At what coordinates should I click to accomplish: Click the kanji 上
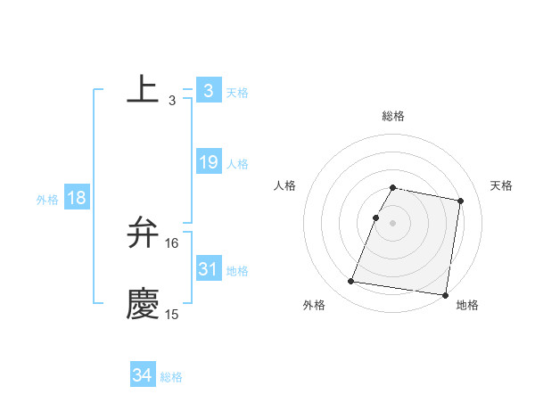(x=143, y=89)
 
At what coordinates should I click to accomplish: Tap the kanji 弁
(x=143, y=233)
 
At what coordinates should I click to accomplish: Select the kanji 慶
(x=143, y=304)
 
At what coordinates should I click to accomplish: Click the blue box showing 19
(x=209, y=162)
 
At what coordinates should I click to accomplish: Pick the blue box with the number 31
(x=209, y=268)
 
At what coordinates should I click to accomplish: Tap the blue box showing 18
(x=77, y=198)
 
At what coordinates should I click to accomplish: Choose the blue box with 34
(x=143, y=375)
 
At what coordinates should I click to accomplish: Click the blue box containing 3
(x=209, y=90)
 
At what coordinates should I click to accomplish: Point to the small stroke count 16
(x=172, y=243)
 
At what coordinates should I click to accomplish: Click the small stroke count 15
(x=172, y=315)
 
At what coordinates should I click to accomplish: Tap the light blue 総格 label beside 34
(x=171, y=377)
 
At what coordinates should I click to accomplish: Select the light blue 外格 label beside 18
(x=47, y=200)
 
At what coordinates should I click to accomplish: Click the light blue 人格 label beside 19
(x=237, y=164)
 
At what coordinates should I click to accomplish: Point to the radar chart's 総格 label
(x=393, y=116)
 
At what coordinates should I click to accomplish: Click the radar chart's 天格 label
(x=502, y=185)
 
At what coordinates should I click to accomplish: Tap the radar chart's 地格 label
(x=467, y=305)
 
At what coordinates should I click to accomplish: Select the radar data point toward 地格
(x=444, y=294)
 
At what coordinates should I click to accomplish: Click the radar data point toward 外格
(x=351, y=282)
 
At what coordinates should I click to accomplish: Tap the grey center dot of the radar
(x=392, y=223)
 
